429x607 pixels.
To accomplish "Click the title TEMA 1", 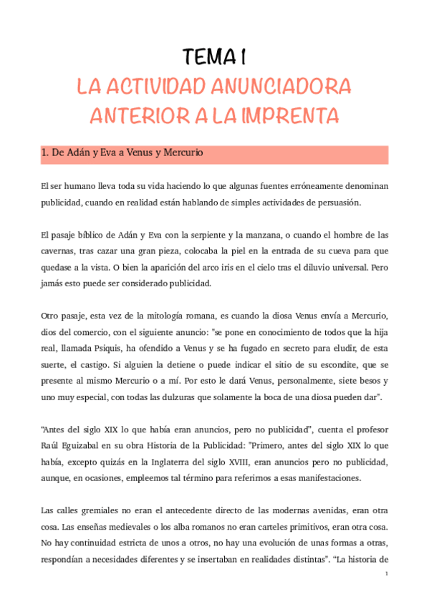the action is (214, 57).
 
